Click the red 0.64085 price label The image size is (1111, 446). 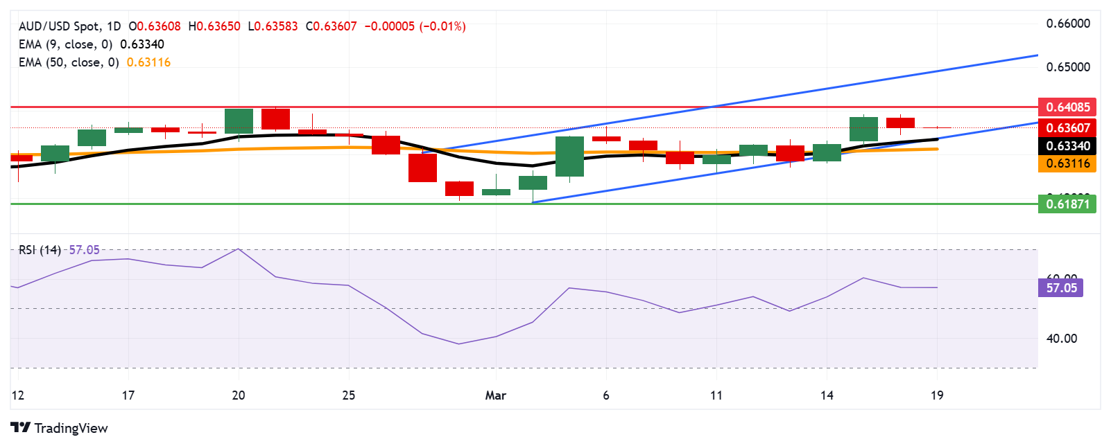click(x=1067, y=107)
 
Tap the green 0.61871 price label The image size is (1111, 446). click(x=1067, y=204)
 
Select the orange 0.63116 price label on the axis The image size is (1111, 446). click(x=1067, y=163)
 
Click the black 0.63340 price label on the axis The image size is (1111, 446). click(x=1067, y=145)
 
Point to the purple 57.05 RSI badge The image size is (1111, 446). click(x=1061, y=287)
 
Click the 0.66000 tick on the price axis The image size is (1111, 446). click(x=1068, y=24)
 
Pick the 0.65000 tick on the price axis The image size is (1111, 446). click(x=1068, y=67)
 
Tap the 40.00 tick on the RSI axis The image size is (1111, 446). click(x=1061, y=339)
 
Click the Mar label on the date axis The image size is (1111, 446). click(x=495, y=395)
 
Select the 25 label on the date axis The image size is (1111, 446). click(x=348, y=395)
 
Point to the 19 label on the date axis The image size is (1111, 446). click(x=937, y=395)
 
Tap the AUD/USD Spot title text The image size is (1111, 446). click(x=60, y=26)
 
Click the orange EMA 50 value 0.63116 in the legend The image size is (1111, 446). click(x=148, y=62)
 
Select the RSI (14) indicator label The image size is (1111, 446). click(x=40, y=250)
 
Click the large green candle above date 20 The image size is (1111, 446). click(x=239, y=121)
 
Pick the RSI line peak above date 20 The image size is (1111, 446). click(x=239, y=249)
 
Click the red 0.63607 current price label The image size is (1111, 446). click(x=1067, y=127)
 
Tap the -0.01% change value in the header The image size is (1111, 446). click(x=442, y=26)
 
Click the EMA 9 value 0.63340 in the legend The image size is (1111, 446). click(x=142, y=44)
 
